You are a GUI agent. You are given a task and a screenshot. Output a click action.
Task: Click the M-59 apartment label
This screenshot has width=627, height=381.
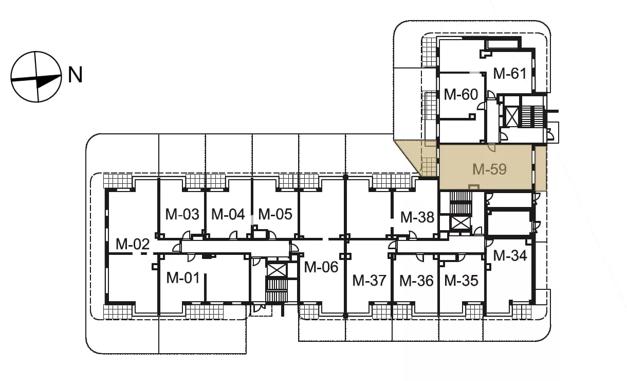[489, 169]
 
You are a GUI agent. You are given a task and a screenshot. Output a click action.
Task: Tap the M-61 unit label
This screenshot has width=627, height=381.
[510, 73]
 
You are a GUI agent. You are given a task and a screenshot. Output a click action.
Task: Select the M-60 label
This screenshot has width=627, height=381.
[460, 94]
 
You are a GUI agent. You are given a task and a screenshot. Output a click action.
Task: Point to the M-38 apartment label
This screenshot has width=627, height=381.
[417, 217]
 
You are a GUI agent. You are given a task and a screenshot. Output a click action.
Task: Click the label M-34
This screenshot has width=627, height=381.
[510, 255]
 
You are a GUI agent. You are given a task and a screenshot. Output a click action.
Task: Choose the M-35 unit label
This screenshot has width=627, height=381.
[462, 281]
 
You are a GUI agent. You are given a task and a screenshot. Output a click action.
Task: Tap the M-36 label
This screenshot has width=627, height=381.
[416, 281]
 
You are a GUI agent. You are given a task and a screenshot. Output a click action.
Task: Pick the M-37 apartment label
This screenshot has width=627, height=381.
[369, 281]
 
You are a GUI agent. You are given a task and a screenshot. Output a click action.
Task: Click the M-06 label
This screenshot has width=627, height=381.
[321, 267]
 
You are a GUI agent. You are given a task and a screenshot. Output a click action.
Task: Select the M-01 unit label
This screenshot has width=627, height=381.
[183, 278]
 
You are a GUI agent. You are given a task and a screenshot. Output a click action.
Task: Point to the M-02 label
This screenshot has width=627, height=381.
[133, 244]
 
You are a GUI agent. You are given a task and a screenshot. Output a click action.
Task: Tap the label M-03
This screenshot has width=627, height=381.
[182, 214]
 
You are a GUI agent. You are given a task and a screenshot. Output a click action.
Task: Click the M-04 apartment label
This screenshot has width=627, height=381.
[228, 214]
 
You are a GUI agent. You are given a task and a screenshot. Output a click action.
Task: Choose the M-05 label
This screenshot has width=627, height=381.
[275, 214]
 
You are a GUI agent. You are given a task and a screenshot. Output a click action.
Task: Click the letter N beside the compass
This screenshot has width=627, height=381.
[76, 75]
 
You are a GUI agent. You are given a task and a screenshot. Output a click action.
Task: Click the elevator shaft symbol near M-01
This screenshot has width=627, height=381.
[277, 270]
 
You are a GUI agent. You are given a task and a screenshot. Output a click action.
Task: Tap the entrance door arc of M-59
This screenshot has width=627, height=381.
[492, 148]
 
